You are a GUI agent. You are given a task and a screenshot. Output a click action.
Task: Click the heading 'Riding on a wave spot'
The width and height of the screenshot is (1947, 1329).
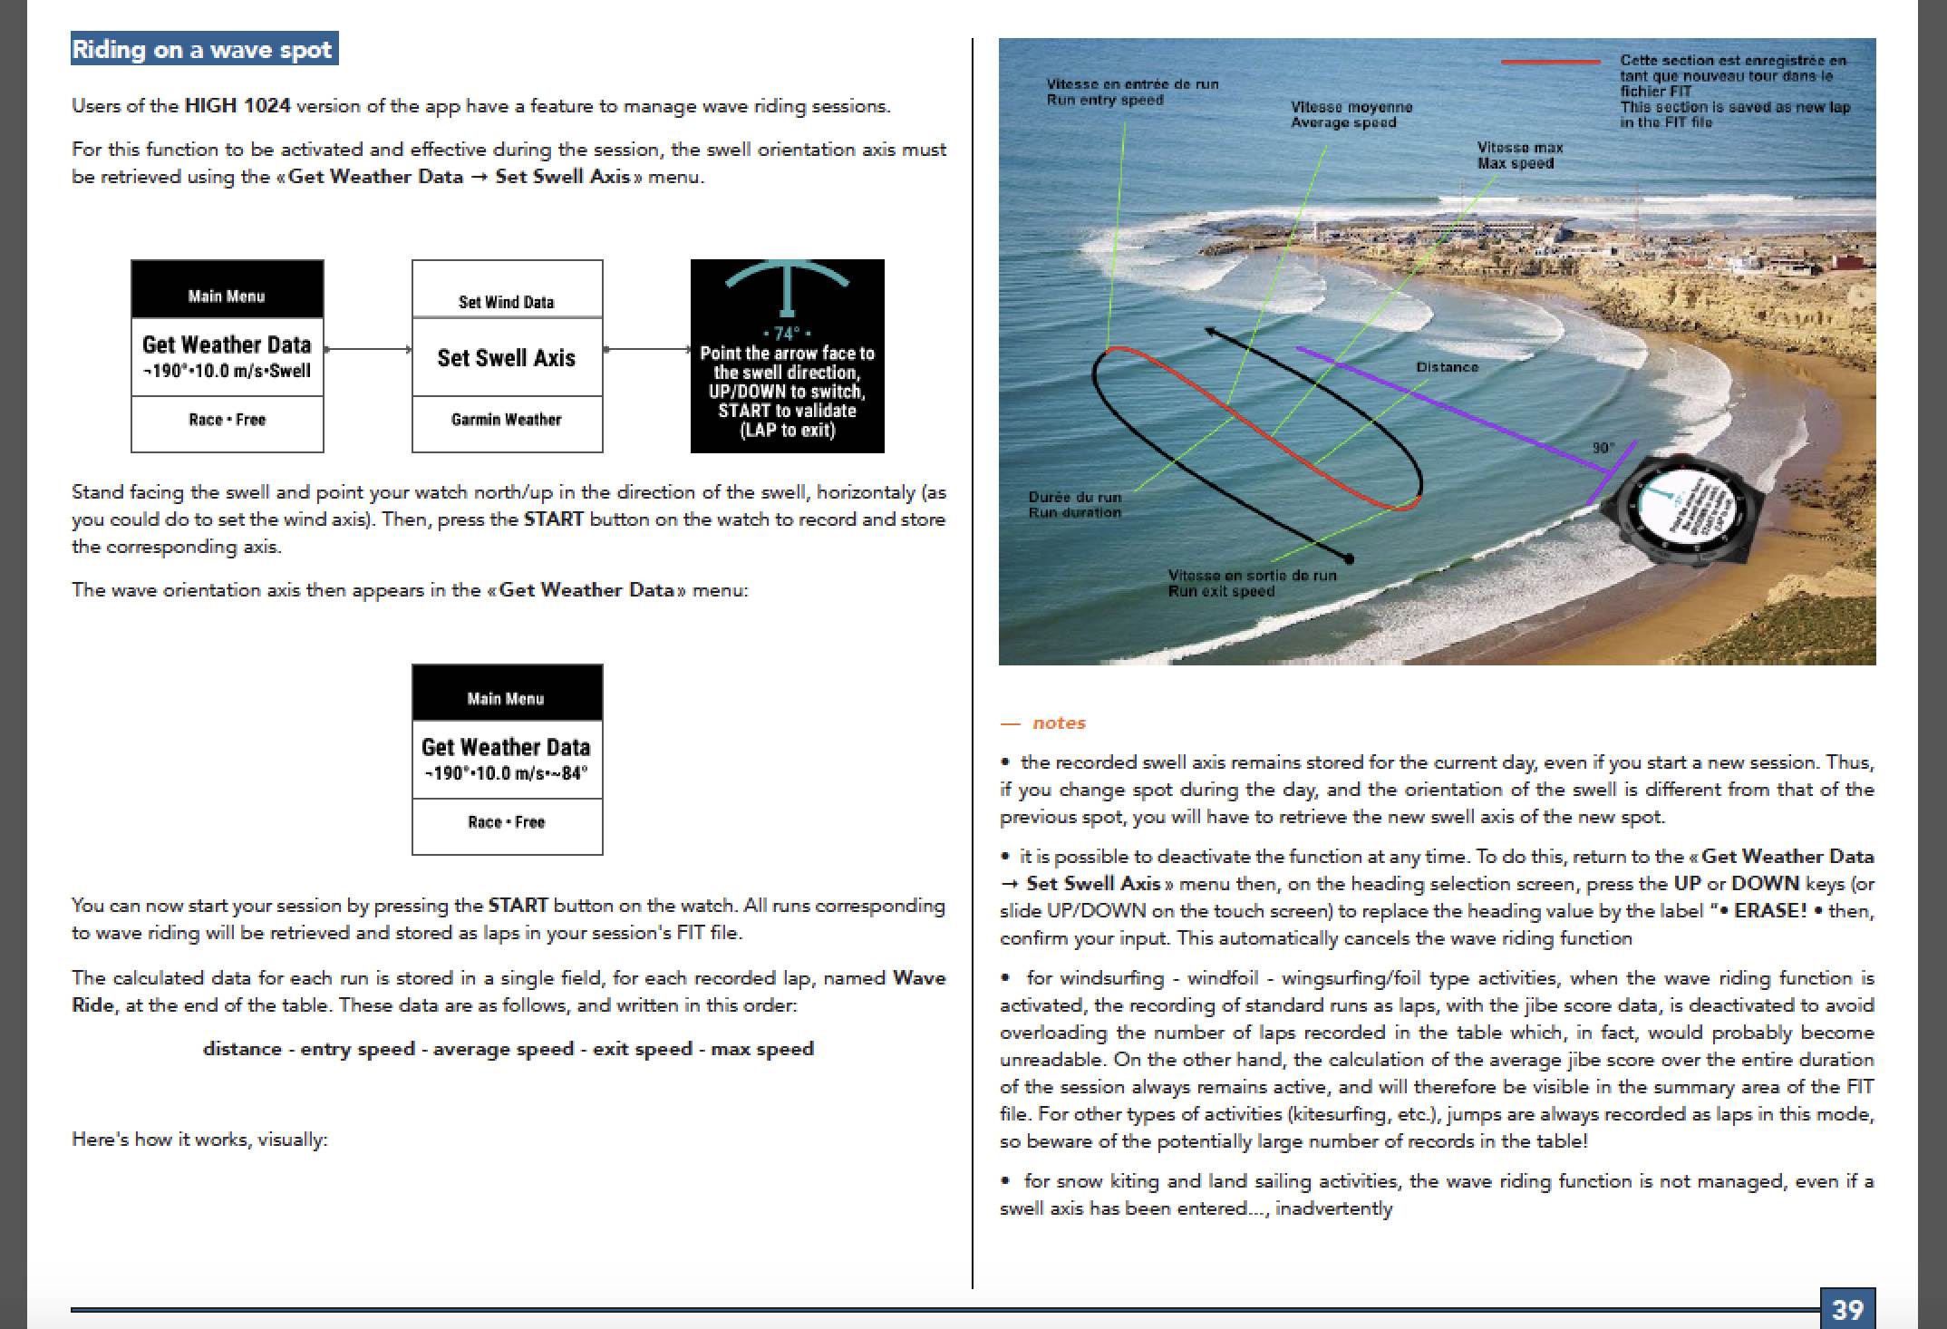tap(203, 49)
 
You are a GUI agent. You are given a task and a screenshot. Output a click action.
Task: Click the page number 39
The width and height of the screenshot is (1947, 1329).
tap(1846, 1309)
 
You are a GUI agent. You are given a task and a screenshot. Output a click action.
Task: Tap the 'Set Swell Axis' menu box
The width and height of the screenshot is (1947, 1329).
tap(507, 357)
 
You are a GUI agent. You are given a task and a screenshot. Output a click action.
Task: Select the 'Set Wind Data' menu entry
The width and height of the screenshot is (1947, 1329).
tap(507, 302)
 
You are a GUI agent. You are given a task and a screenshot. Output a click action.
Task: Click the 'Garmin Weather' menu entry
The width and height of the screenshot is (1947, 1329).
tap(507, 420)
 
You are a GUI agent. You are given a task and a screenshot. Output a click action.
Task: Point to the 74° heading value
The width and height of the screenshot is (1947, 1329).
tap(787, 333)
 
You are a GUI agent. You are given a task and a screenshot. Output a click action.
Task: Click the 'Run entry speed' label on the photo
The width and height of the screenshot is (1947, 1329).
tap(1105, 100)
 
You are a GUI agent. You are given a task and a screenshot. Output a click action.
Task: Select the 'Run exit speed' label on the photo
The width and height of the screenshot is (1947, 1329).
tap(1221, 591)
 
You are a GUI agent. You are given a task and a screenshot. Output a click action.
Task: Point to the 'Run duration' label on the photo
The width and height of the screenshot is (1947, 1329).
tap(1074, 512)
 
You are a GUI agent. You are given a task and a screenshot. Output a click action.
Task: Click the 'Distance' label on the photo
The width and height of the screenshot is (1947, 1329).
tap(1447, 367)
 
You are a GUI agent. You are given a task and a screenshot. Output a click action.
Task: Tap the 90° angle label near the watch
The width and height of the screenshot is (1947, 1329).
tap(1603, 448)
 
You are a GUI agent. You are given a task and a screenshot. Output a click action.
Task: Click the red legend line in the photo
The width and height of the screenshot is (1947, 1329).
tap(1550, 62)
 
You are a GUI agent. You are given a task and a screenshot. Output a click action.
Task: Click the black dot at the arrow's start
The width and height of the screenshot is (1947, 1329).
tap(1349, 558)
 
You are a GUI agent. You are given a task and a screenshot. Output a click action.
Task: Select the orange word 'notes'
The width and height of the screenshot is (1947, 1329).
tap(1059, 723)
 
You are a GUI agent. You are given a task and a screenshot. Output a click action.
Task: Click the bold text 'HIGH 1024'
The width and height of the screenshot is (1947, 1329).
tap(237, 106)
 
